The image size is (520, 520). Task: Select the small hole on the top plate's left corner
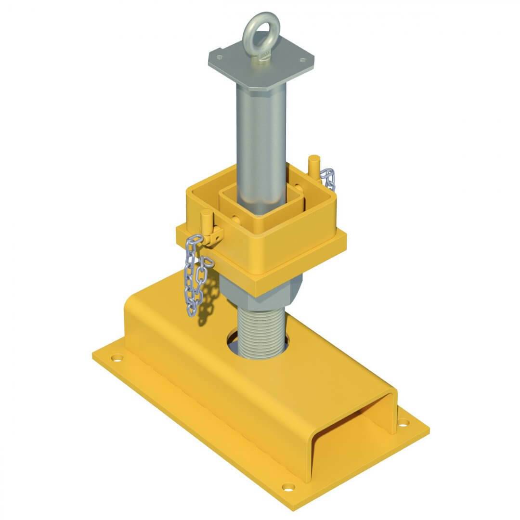click(x=220, y=57)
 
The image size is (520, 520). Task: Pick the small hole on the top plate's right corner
click(x=302, y=60)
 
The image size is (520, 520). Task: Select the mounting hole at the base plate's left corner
click(x=116, y=358)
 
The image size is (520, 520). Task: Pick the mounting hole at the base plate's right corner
click(x=403, y=424)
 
